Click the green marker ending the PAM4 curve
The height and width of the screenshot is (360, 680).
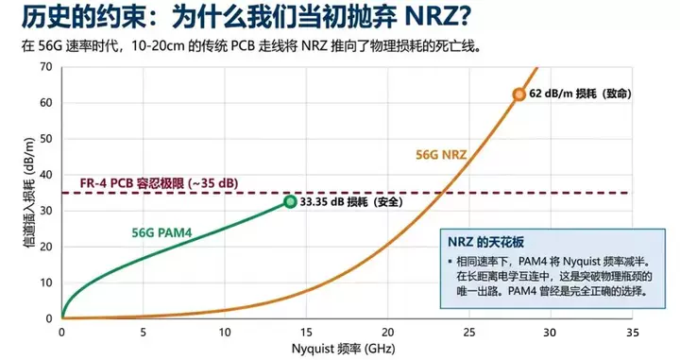[291, 201]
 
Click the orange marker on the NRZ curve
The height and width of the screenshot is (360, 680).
[518, 94]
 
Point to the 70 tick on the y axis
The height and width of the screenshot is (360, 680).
[44, 67]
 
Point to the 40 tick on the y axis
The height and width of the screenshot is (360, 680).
[44, 175]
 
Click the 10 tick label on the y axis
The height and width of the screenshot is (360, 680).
[44, 283]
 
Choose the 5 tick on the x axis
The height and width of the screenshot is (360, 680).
[143, 333]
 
